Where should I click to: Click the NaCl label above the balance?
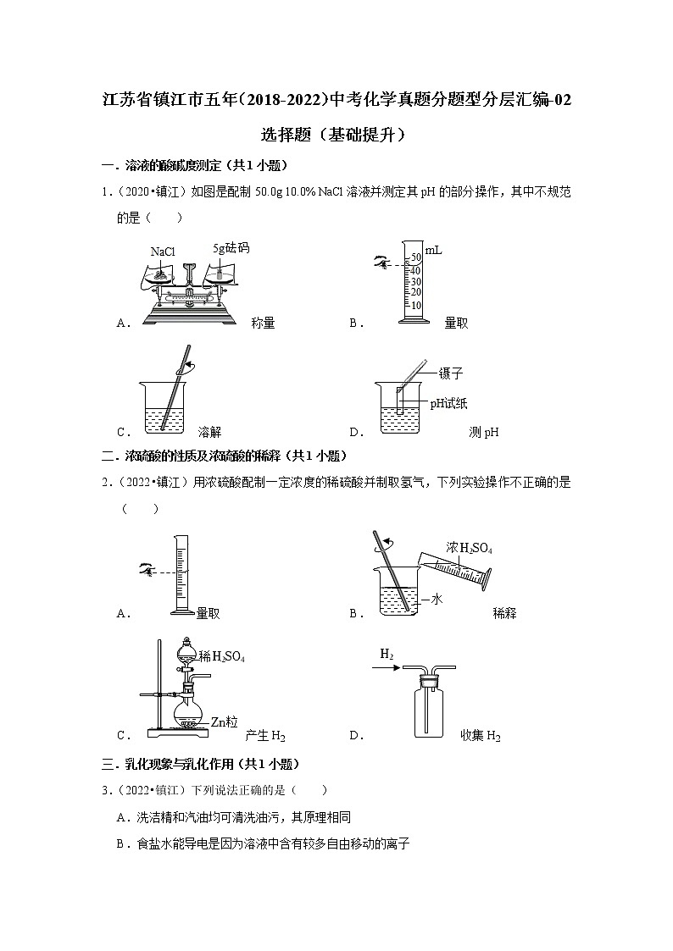click(x=163, y=252)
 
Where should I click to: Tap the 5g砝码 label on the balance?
click(x=231, y=248)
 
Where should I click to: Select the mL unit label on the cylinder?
click(x=434, y=251)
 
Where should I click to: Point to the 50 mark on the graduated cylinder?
click(x=415, y=257)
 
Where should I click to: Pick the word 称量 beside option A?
click(x=263, y=323)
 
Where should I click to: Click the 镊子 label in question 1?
click(x=451, y=373)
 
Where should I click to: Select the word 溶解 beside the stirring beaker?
click(x=209, y=431)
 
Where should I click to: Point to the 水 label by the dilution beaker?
click(x=437, y=599)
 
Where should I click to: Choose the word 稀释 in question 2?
click(x=504, y=613)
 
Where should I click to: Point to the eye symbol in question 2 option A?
click(x=147, y=573)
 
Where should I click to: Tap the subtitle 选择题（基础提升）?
click(x=336, y=134)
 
